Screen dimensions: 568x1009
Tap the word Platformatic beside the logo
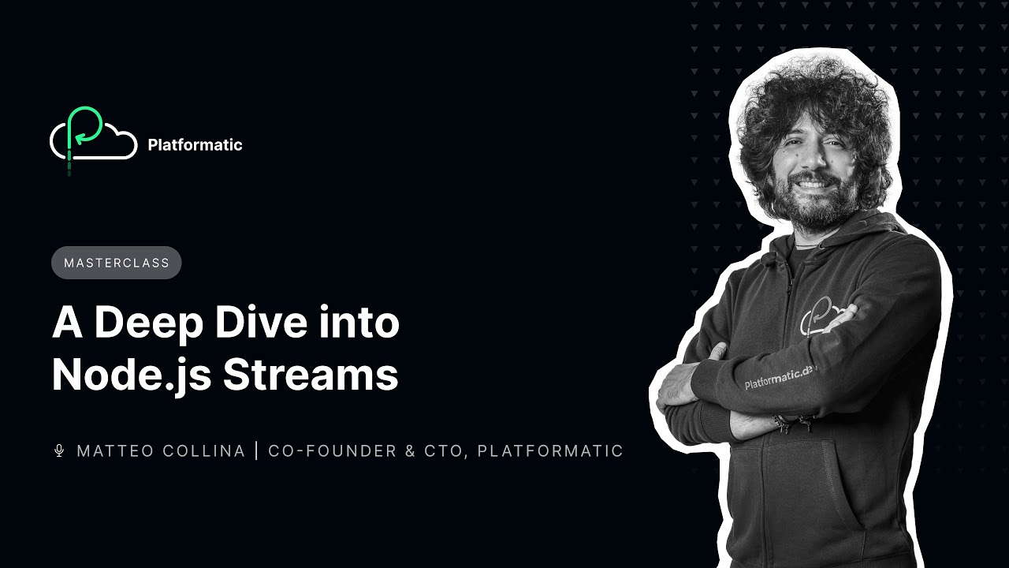(x=195, y=145)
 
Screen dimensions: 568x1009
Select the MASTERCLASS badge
(x=117, y=263)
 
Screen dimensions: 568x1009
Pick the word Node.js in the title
(x=131, y=376)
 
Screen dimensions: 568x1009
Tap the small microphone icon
(x=58, y=450)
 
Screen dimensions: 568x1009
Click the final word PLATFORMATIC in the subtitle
(x=550, y=451)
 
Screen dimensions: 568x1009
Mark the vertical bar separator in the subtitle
(x=256, y=451)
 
